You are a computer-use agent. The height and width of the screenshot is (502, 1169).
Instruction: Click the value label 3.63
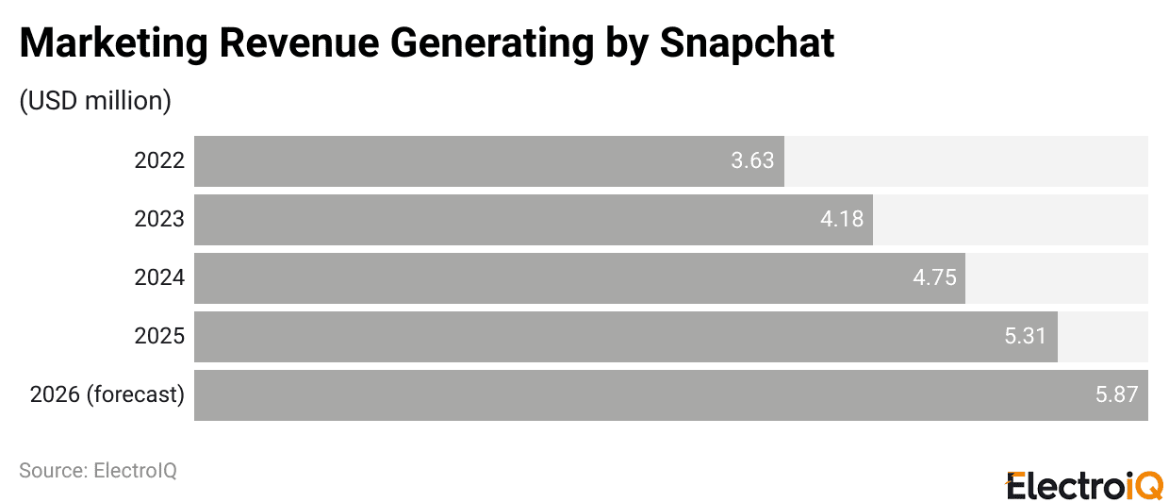(752, 161)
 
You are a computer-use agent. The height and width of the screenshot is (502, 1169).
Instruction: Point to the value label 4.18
(841, 220)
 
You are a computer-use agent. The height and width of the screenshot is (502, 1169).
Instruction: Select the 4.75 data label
(934, 278)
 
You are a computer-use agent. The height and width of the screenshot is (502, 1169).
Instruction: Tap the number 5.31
(1026, 337)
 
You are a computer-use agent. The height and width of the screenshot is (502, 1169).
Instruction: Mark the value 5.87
(1117, 395)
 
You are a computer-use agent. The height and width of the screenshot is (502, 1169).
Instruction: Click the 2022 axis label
(159, 161)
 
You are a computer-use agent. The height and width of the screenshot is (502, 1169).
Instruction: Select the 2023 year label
(159, 220)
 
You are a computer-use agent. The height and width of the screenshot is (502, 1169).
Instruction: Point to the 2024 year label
(159, 278)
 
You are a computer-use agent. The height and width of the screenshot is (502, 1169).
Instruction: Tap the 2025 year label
(159, 337)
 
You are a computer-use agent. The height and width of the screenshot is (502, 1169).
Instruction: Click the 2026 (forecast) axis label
(107, 395)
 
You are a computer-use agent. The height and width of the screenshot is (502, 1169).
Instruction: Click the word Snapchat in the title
(747, 43)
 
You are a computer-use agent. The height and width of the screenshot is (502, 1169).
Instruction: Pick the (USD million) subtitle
(95, 101)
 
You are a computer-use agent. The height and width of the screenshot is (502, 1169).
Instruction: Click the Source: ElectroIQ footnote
(98, 470)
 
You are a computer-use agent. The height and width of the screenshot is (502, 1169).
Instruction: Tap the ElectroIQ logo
(1085, 484)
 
